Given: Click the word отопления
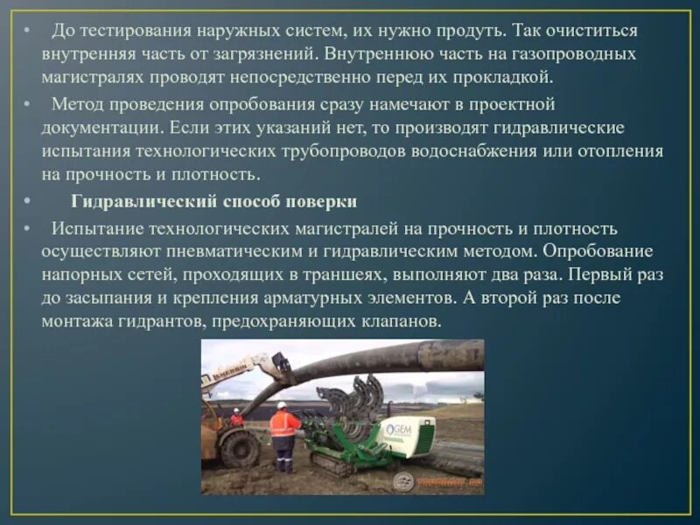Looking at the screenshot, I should [x=621, y=150].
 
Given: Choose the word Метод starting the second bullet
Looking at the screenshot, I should [x=78, y=104].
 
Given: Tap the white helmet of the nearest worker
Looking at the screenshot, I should [x=282, y=406].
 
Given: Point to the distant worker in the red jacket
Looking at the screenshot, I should [x=236, y=417].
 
